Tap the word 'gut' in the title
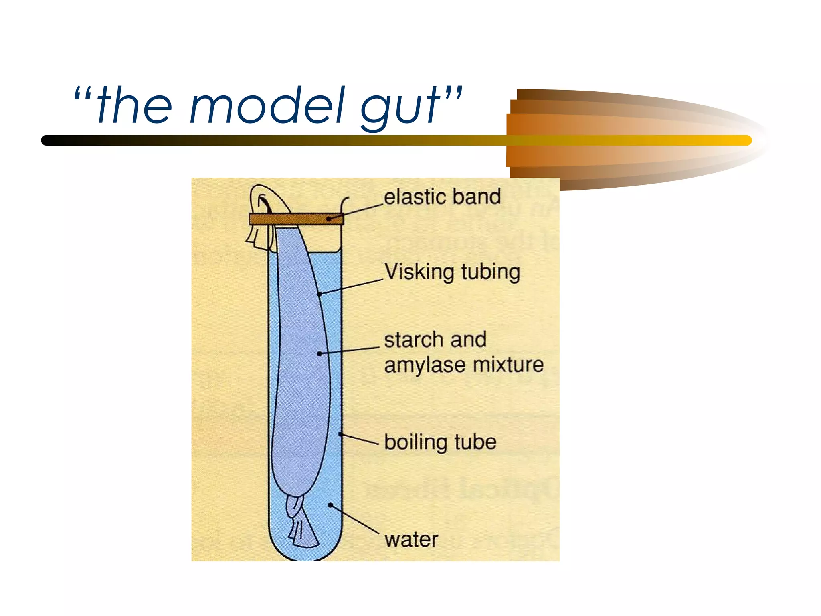pyautogui.click(x=401, y=107)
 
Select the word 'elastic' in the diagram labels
pyautogui.click(x=415, y=197)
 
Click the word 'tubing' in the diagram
pyautogui.click(x=491, y=273)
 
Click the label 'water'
pyautogui.click(x=411, y=539)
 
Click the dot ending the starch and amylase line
pyautogui.click(x=319, y=353)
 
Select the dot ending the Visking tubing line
pyautogui.click(x=320, y=294)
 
